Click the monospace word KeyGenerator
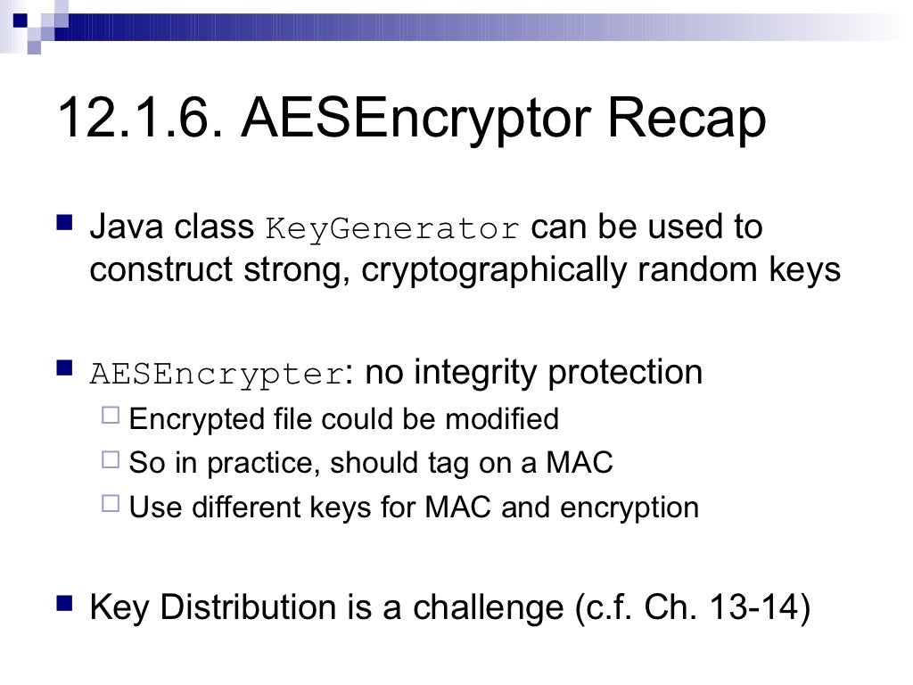[392, 229]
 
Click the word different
[227, 508]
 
